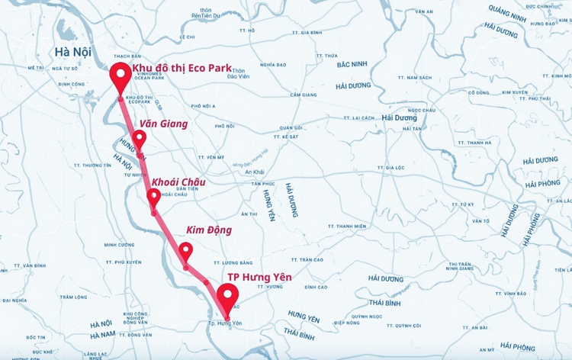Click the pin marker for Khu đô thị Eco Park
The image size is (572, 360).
120,76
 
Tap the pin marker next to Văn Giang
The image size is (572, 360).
139,138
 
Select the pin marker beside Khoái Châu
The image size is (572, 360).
154,197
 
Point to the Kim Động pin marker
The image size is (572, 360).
185,250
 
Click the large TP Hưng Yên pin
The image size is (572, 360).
227,295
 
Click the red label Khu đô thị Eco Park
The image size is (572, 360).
182,69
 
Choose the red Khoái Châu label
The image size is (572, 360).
178,182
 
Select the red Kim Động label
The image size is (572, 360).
209,230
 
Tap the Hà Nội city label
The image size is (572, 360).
73,52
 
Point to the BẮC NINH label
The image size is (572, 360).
352,64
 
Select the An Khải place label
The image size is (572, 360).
254,172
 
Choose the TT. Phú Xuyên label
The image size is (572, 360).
123,262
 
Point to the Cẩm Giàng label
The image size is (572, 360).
303,95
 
